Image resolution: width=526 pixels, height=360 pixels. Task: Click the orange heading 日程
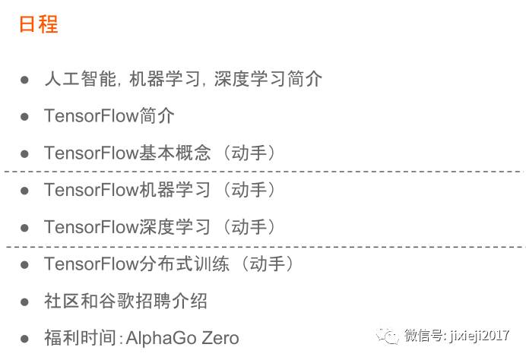click(38, 24)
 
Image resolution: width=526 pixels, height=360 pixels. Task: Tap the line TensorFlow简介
click(109, 116)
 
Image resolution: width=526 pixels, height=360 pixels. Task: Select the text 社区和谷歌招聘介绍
click(125, 302)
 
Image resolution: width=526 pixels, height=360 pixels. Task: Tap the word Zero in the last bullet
click(220, 339)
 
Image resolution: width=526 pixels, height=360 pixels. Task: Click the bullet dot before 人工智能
click(24, 80)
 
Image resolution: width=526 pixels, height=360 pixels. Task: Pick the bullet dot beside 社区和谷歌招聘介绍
click(24, 302)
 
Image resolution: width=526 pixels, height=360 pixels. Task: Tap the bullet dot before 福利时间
click(24, 339)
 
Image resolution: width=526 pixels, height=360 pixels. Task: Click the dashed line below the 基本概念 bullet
click(263, 172)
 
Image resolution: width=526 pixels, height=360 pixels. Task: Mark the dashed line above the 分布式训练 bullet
click(263, 246)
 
